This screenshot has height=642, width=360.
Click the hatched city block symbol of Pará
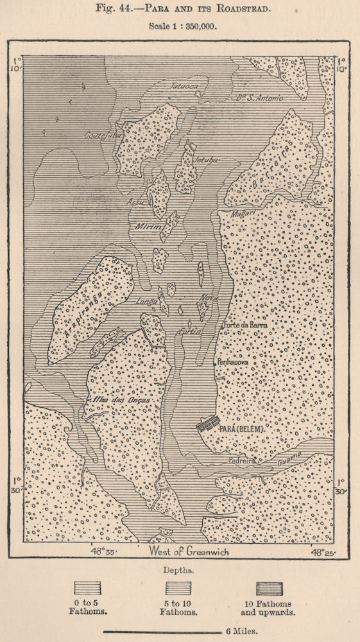click(x=207, y=424)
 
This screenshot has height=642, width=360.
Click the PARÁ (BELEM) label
click(x=243, y=428)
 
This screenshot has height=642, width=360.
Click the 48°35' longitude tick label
click(x=106, y=551)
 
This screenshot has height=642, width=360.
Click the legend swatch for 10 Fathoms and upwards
click(x=270, y=588)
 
